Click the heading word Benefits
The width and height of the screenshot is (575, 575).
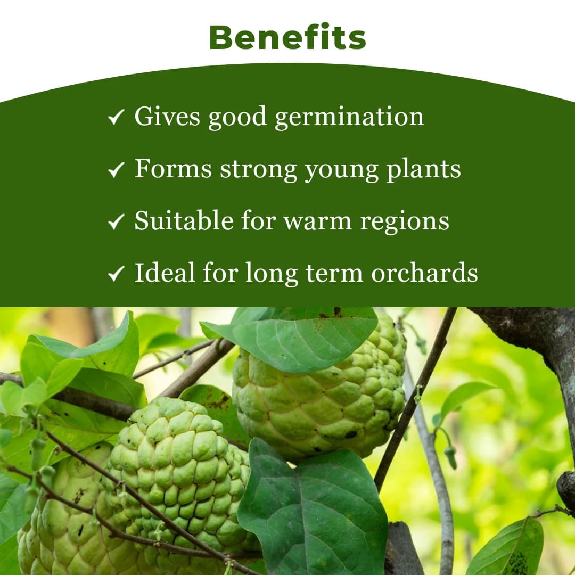coord(287,37)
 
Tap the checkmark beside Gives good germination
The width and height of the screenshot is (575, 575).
coord(116,117)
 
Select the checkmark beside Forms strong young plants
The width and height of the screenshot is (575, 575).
coord(116,169)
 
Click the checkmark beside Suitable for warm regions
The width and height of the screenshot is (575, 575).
coord(116,221)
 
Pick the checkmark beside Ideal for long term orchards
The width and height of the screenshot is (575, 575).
coord(116,274)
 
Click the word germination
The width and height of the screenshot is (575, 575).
coord(349,117)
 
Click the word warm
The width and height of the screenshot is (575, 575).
coord(317,221)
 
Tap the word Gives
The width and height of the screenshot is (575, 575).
coord(167,116)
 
